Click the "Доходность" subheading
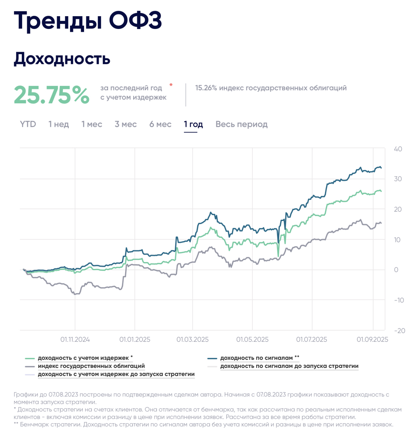pos(62,58)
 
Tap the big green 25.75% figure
pos(52,95)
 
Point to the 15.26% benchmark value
pos(206,88)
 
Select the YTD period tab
pos(28,124)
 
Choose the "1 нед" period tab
pos(58,124)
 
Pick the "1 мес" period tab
pos(92,124)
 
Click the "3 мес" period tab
pos(126,124)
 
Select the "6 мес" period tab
pos(160,124)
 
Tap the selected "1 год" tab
pos(193,124)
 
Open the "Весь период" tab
pos(241,124)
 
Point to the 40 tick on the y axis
pos(398,149)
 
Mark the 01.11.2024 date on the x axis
pos(75,340)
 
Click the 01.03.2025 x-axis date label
pos(192,340)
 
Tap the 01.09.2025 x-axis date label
pos(373,340)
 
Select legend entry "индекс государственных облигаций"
pos(91,366)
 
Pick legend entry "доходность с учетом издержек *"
pos(85,358)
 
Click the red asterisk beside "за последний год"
pos(171,85)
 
